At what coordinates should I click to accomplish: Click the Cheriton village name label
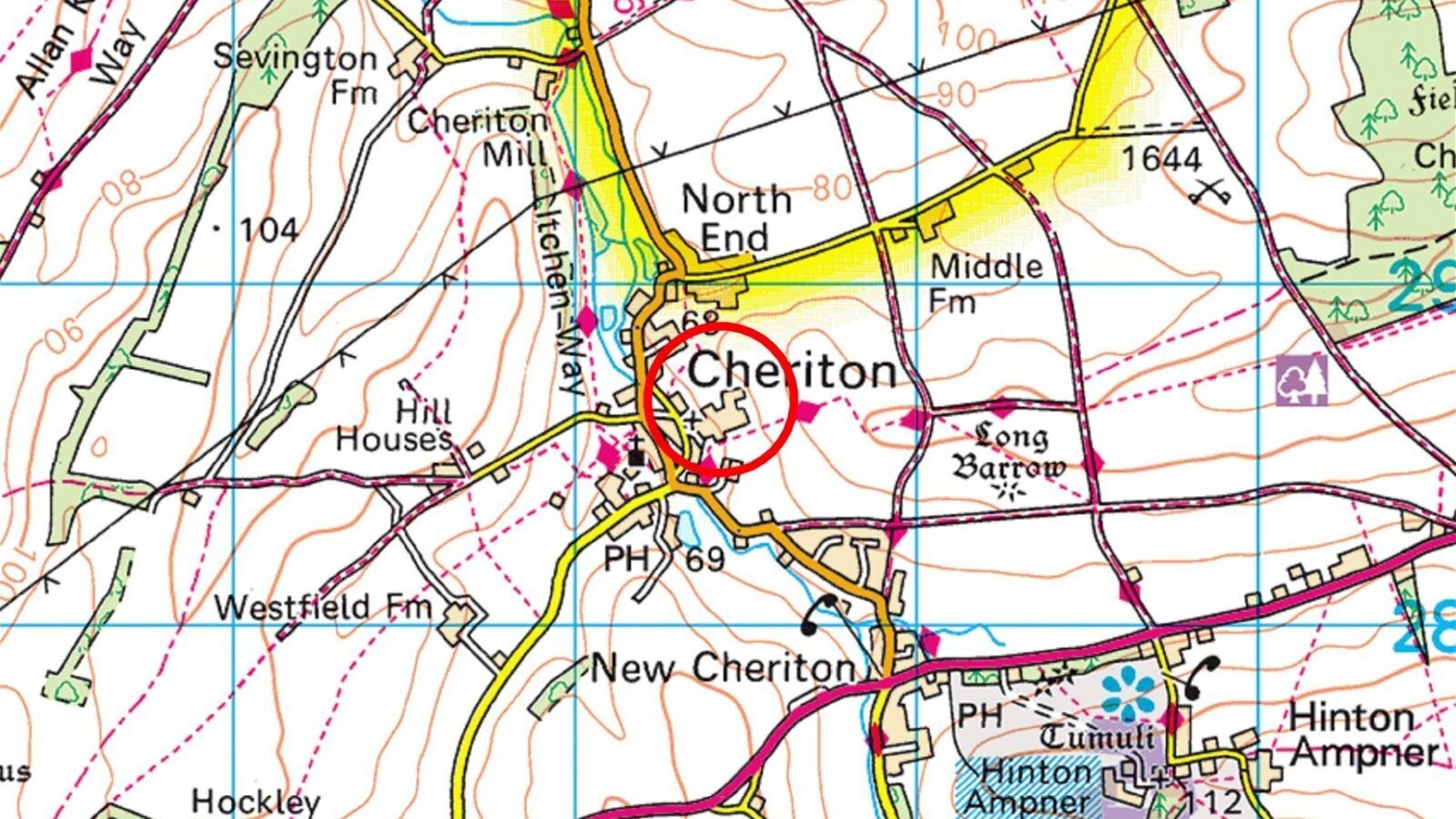[x=792, y=371]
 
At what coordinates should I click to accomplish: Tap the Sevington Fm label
[x=296, y=73]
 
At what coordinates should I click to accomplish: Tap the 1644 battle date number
[x=1161, y=159]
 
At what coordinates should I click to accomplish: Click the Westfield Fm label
[x=323, y=607]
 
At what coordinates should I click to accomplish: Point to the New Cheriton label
[x=723, y=669]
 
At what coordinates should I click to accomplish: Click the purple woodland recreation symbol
[x=1300, y=379]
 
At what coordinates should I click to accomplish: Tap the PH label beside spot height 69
[x=627, y=557]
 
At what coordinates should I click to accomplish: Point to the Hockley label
[x=256, y=802]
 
